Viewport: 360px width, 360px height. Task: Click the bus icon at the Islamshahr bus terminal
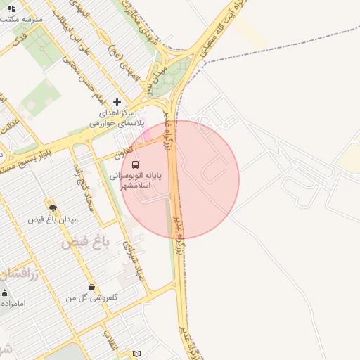tap(135, 164)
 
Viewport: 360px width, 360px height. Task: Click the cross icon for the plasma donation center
tap(117, 102)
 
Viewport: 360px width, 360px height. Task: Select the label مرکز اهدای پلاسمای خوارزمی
tap(116, 117)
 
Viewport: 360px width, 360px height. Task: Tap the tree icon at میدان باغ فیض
tap(52, 207)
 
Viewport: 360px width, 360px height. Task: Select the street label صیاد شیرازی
tap(134, 261)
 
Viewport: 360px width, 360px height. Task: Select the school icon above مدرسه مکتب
tap(11, 8)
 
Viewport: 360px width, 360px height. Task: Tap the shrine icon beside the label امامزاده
tap(5, 292)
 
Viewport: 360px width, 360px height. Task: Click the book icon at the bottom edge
tap(136, 353)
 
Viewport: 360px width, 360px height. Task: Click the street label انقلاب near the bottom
tap(110, 342)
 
